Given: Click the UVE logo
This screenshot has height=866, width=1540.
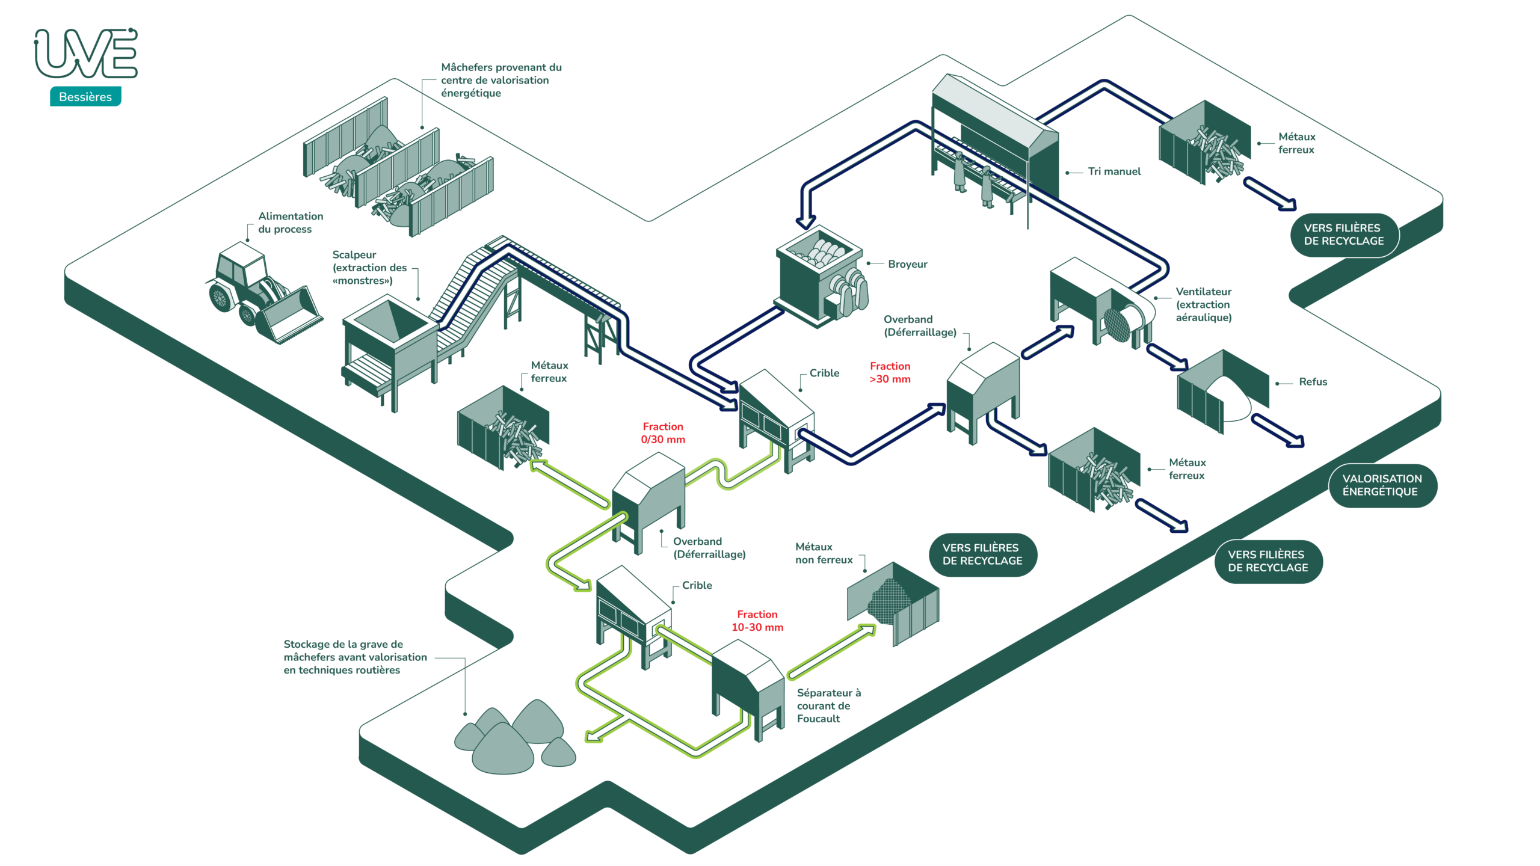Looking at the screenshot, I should (x=86, y=54).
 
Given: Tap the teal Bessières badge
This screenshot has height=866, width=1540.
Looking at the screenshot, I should (x=85, y=97).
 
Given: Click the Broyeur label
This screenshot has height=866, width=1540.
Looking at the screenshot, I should (x=907, y=264).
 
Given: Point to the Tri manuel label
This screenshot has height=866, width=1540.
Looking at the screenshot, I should (x=1114, y=171).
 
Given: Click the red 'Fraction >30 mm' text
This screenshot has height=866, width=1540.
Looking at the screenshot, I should (x=890, y=372).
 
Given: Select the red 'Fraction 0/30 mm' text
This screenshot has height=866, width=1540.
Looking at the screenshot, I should (x=663, y=433).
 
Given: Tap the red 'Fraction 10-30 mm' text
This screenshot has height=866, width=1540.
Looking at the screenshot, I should (x=757, y=621).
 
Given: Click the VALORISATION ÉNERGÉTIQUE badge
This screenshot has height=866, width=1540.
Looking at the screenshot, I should (x=1382, y=485).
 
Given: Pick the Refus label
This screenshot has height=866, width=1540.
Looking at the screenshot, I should (x=1313, y=382).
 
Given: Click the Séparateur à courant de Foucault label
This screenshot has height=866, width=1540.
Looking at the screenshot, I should (x=828, y=705).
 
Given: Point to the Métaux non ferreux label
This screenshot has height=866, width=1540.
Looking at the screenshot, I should (x=824, y=553).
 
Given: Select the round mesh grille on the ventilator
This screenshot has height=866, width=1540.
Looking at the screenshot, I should (x=1118, y=325).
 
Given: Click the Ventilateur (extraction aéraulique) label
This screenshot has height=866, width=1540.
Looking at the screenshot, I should (x=1203, y=304).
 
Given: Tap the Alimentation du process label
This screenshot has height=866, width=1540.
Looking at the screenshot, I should (x=291, y=223).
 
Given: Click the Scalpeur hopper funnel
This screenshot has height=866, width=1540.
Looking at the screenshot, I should (x=390, y=322).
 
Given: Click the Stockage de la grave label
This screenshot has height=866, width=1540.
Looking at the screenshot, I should (x=355, y=657).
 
